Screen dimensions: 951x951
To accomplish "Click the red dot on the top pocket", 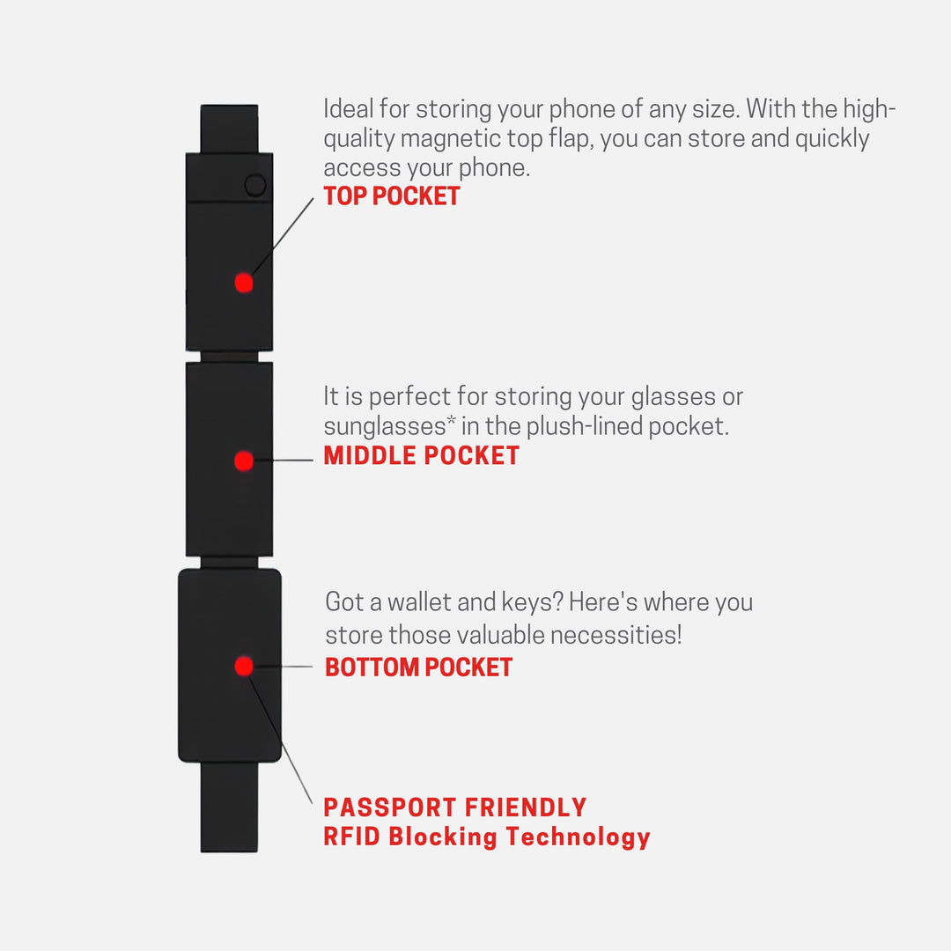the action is (244, 283).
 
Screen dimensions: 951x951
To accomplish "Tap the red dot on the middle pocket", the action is (244, 461).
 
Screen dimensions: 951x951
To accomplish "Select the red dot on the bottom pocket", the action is (244, 666).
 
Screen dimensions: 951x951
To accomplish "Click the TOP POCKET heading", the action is (392, 195).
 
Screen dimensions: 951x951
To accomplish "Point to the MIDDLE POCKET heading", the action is (422, 455).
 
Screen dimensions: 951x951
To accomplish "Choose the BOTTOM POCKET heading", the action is (419, 667).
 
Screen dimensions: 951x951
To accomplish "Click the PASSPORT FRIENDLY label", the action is (455, 807).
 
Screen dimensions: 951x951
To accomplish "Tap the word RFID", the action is (351, 837).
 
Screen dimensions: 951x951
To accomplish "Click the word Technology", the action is (578, 838).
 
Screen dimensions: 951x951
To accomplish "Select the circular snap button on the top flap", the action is (255, 185).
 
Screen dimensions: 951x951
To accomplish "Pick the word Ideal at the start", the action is (348, 109).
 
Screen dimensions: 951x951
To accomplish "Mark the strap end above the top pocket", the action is (229, 129).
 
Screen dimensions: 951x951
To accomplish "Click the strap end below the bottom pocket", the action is (229, 807).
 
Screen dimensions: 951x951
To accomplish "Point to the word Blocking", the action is (443, 837).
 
